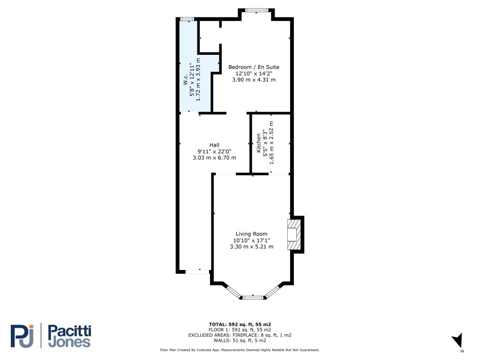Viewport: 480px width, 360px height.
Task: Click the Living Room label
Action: [x=251, y=234]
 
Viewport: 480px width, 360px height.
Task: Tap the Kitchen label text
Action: [x=259, y=142]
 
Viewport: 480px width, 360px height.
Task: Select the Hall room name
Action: [x=214, y=145]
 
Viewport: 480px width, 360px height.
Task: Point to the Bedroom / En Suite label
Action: [x=254, y=67]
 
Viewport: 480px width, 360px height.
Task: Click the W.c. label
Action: [x=186, y=80]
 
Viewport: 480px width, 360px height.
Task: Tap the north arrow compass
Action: [x=457, y=341]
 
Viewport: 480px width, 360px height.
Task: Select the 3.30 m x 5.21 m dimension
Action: [x=252, y=247]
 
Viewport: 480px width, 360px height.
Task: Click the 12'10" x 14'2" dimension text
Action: [x=254, y=74]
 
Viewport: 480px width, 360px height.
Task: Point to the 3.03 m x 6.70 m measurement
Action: [x=214, y=157]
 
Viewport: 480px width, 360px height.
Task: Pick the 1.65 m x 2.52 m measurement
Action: [x=271, y=142]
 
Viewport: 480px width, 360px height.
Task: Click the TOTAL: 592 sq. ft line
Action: [x=240, y=324]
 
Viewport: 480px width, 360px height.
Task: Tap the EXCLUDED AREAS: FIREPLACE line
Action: [x=240, y=335]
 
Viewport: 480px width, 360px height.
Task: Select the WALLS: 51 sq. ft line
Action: [x=240, y=340]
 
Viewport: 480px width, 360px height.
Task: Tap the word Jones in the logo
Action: [x=70, y=342]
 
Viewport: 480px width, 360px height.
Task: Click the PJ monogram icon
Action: [x=22, y=336]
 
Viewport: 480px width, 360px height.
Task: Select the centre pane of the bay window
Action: [x=253, y=297]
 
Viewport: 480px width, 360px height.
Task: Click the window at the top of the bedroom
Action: [x=256, y=10]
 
